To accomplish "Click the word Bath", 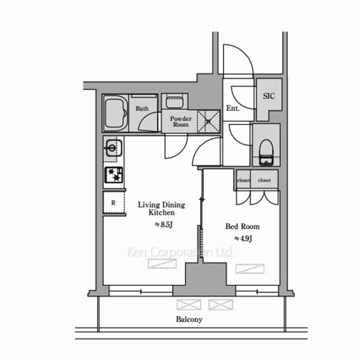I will [x=143, y=109].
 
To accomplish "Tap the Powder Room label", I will [x=180, y=121].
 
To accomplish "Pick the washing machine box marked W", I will [x=208, y=120].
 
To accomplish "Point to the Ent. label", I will [x=233, y=109].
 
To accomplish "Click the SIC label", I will [x=268, y=96].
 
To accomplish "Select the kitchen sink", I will [x=112, y=149].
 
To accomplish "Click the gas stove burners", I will [x=114, y=174].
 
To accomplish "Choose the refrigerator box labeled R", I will [x=114, y=203].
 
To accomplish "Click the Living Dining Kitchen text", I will [x=161, y=209].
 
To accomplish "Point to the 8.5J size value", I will [x=166, y=225].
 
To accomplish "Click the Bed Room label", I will [x=243, y=226].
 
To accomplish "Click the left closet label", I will [x=243, y=181].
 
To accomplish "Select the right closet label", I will [x=264, y=181].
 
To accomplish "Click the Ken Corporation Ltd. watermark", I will [x=180, y=253].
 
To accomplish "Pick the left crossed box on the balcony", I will [x=188, y=304].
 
